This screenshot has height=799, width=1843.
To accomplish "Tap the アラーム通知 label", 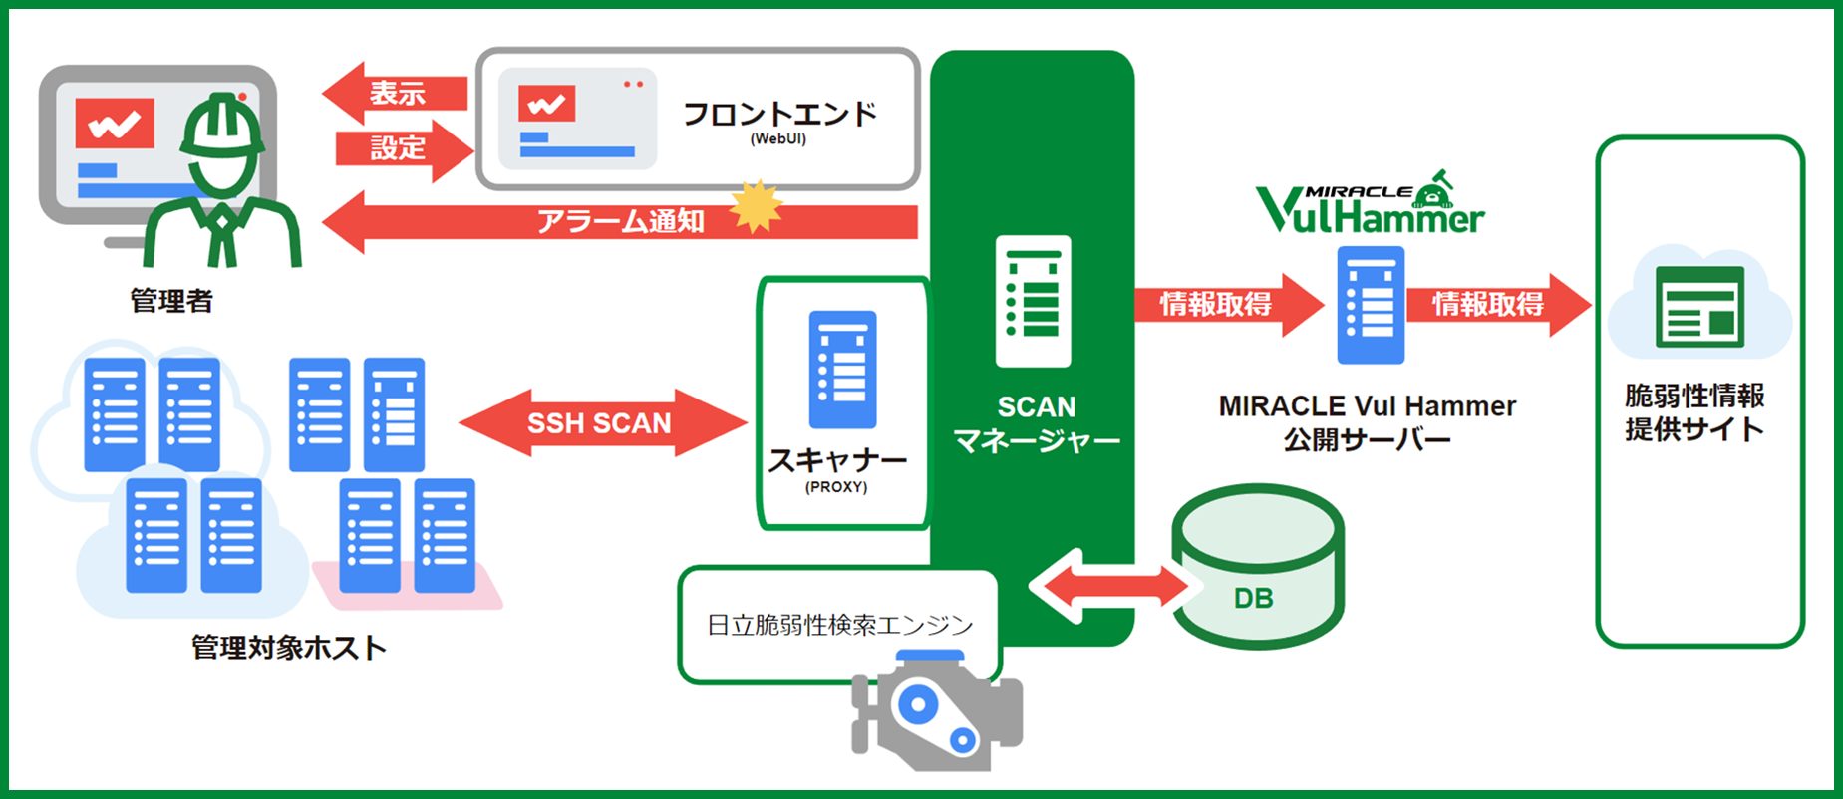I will (x=620, y=221).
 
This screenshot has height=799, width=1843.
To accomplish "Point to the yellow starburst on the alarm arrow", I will (x=757, y=207).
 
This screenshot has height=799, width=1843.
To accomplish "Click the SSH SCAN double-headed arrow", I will (x=601, y=422).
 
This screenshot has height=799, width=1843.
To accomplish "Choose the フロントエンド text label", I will (x=779, y=115).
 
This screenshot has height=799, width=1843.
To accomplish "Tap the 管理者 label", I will (x=171, y=300).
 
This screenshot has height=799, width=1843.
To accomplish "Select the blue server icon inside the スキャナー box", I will (x=842, y=369).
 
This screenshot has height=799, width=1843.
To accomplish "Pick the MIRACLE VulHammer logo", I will (x=1371, y=205).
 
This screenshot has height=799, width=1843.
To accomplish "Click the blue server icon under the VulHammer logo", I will (x=1370, y=305).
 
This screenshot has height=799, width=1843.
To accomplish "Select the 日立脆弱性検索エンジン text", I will (x=839, y=625).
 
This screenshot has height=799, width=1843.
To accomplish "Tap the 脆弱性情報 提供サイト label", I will (x=1693, y=411).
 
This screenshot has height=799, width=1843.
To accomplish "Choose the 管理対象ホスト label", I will (x=289, y=648).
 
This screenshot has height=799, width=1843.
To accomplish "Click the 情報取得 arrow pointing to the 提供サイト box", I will (x=1496, y=304).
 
